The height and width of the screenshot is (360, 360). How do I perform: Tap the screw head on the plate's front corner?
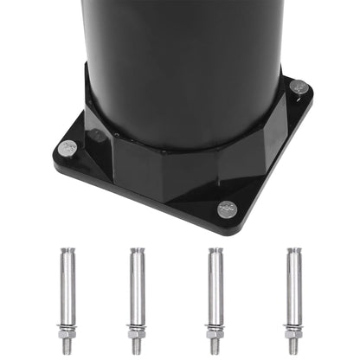pos(227,209)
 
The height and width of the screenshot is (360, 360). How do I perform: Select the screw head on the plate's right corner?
pos(299,87)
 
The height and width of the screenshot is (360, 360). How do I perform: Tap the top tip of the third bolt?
pos(214,252)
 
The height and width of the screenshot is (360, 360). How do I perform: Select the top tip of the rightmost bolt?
pos(293,252)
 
